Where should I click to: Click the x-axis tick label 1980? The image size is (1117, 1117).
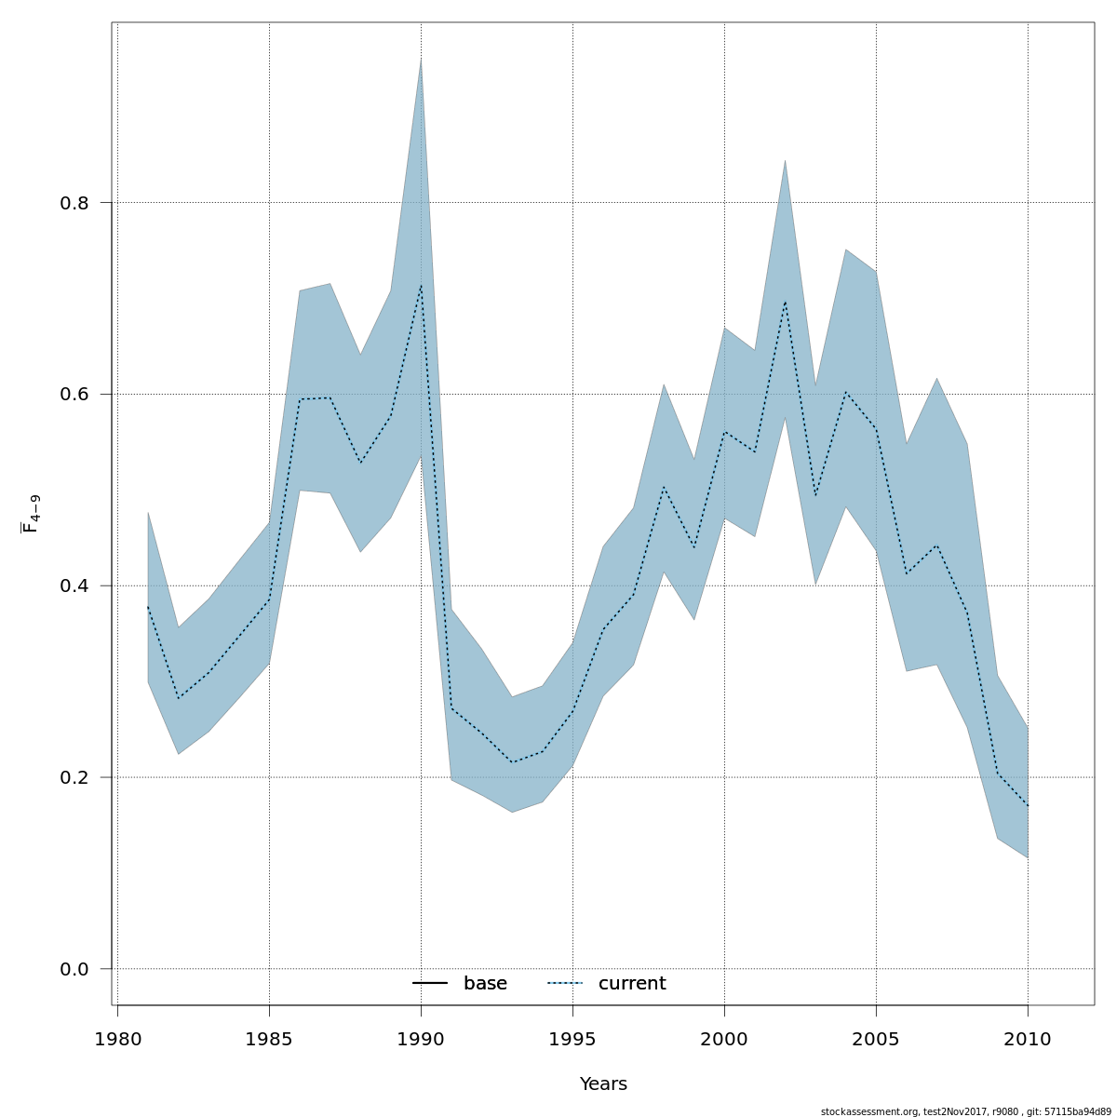tap(117, 1039)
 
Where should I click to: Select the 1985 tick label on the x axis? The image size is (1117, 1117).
tap(269, 1039)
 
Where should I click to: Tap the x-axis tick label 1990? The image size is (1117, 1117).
tap(421, 1039)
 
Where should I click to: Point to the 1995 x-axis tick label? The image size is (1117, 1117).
tap(572, 1039)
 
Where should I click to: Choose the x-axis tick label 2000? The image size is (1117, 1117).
tap(724, 1039)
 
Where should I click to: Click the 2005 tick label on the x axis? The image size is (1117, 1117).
tap(876, 1039)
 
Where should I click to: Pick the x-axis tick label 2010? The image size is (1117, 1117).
tap(1028, 1039)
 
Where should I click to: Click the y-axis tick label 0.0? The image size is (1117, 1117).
tap(74, 969)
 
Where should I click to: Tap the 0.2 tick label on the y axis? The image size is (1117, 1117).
tap(74, 777)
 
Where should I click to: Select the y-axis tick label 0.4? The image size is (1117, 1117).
tap(74, 585)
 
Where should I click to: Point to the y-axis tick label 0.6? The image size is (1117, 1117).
tap(74, 394)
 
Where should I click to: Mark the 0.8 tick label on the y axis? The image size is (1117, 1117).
tap(74, 202)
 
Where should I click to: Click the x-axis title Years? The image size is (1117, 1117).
tap(603, 1084)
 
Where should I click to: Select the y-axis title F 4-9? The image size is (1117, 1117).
tap(31, 514)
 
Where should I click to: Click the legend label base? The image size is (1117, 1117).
tap(485, 984)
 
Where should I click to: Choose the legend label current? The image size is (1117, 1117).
tap(632, 984)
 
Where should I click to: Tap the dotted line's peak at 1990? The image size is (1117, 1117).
tap(421, 285)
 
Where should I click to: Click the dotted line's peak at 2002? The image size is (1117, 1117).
tap(785, 302)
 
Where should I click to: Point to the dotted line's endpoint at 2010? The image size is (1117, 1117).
tap(1028, 806)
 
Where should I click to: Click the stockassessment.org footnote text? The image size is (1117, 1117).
tap(965, 1111)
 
